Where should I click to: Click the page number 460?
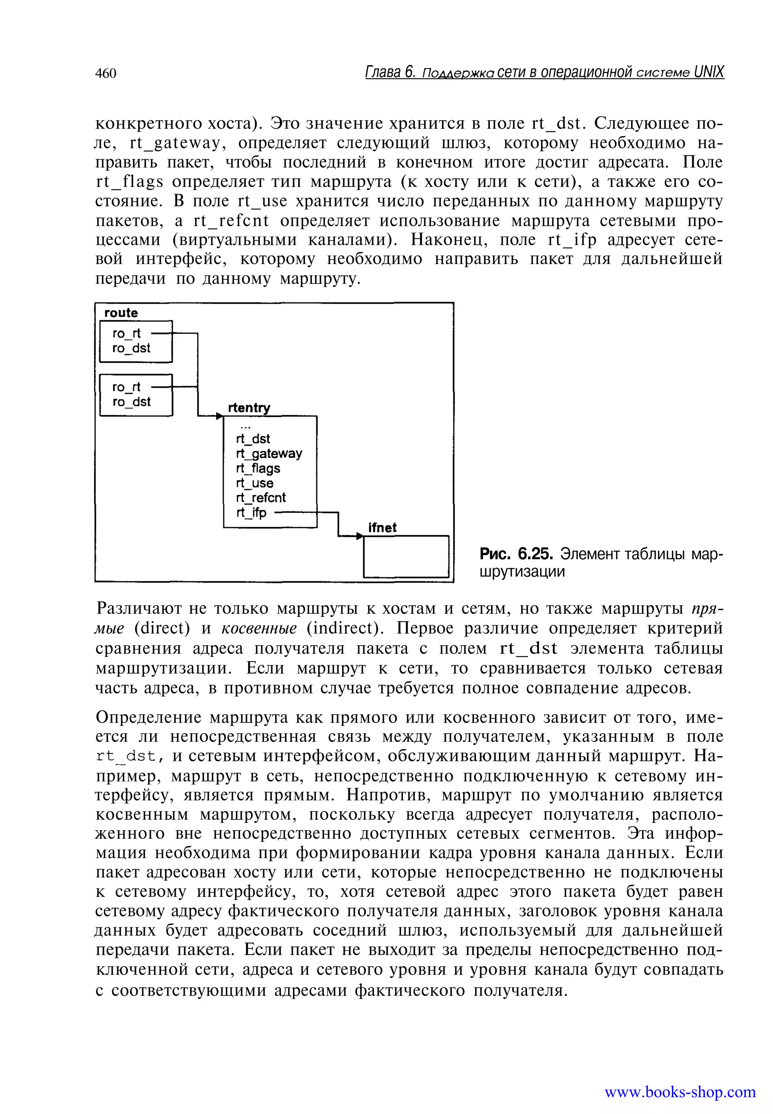[106, 73]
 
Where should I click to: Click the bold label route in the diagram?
[121, 313]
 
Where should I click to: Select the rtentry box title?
[249, 408]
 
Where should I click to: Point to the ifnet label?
[382, 528]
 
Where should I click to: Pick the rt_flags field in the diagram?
[258, 468]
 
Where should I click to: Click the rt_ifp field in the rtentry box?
[251, 513]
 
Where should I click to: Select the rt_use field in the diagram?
[254, 483]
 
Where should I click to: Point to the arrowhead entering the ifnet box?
[359, 536]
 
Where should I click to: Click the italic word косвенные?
[259, 628]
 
